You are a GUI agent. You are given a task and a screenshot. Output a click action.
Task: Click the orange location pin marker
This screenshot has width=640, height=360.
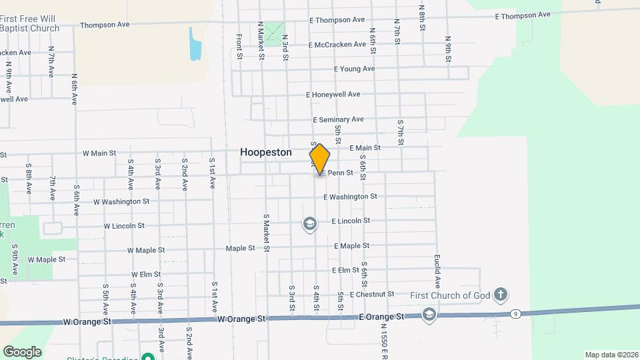(320, 159)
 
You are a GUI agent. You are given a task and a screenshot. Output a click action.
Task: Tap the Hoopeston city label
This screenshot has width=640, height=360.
(266, 153)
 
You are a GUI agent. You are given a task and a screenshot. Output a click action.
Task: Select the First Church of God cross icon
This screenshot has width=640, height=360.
(501, 294)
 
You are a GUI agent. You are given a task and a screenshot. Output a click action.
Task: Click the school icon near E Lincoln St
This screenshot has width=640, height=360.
(309, 223)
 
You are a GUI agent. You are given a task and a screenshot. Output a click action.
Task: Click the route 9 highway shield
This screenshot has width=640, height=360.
(515, 313)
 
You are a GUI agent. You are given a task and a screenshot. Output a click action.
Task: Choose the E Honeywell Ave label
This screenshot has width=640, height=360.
(333, 95)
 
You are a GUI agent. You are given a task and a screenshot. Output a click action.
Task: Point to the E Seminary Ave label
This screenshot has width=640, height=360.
(338, 120)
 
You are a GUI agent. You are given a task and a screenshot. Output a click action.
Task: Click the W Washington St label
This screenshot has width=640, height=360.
(121, 201)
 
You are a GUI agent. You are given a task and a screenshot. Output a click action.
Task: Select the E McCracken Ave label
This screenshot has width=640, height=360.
(337, 45)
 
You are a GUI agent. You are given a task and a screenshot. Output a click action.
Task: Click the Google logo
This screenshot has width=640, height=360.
(22, 351)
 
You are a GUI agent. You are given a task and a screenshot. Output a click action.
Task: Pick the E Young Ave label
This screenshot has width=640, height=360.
(354, 69)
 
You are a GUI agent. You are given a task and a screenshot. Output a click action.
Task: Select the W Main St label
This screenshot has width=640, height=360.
(99, 153)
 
